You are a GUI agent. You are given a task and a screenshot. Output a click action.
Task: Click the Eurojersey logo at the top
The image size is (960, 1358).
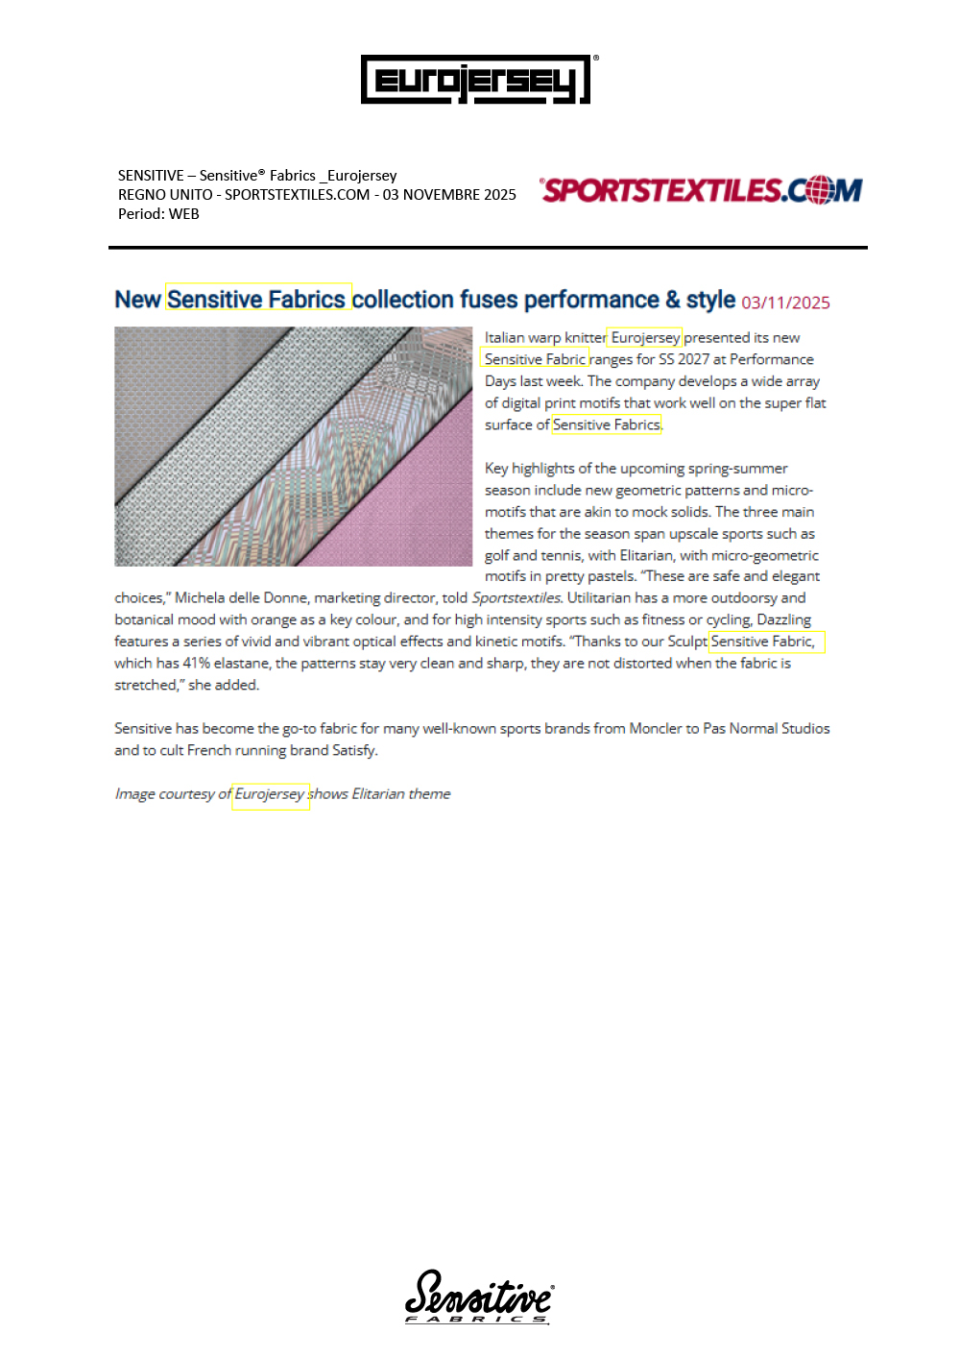point(476,80)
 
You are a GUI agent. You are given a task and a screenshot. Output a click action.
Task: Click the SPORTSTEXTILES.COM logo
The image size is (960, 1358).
point(701,190)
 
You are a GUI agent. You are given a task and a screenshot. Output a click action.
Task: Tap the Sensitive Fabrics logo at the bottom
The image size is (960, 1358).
point(478,1297)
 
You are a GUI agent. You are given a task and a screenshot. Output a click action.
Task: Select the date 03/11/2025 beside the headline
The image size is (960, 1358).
point(785,303)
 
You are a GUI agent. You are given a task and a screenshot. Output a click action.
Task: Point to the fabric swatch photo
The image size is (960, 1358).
point(293,447)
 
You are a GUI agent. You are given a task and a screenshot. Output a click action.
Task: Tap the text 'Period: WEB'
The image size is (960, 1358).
point(158,214)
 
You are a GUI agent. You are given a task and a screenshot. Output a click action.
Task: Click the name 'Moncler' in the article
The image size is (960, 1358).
point(655,728)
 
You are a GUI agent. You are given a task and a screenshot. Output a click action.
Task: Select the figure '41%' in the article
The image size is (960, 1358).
point(196,663)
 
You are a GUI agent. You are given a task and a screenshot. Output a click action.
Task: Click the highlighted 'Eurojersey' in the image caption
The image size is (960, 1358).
point(270,794)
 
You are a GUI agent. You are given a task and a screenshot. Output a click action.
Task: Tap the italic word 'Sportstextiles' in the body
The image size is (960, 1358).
point(516,597)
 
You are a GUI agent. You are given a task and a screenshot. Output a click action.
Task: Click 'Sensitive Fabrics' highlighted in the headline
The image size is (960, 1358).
point(256,300)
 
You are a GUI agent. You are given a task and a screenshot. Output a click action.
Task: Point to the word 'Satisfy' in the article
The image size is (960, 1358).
point(353,750)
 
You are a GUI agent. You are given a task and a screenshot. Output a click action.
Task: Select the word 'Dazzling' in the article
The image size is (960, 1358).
point(783,619)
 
